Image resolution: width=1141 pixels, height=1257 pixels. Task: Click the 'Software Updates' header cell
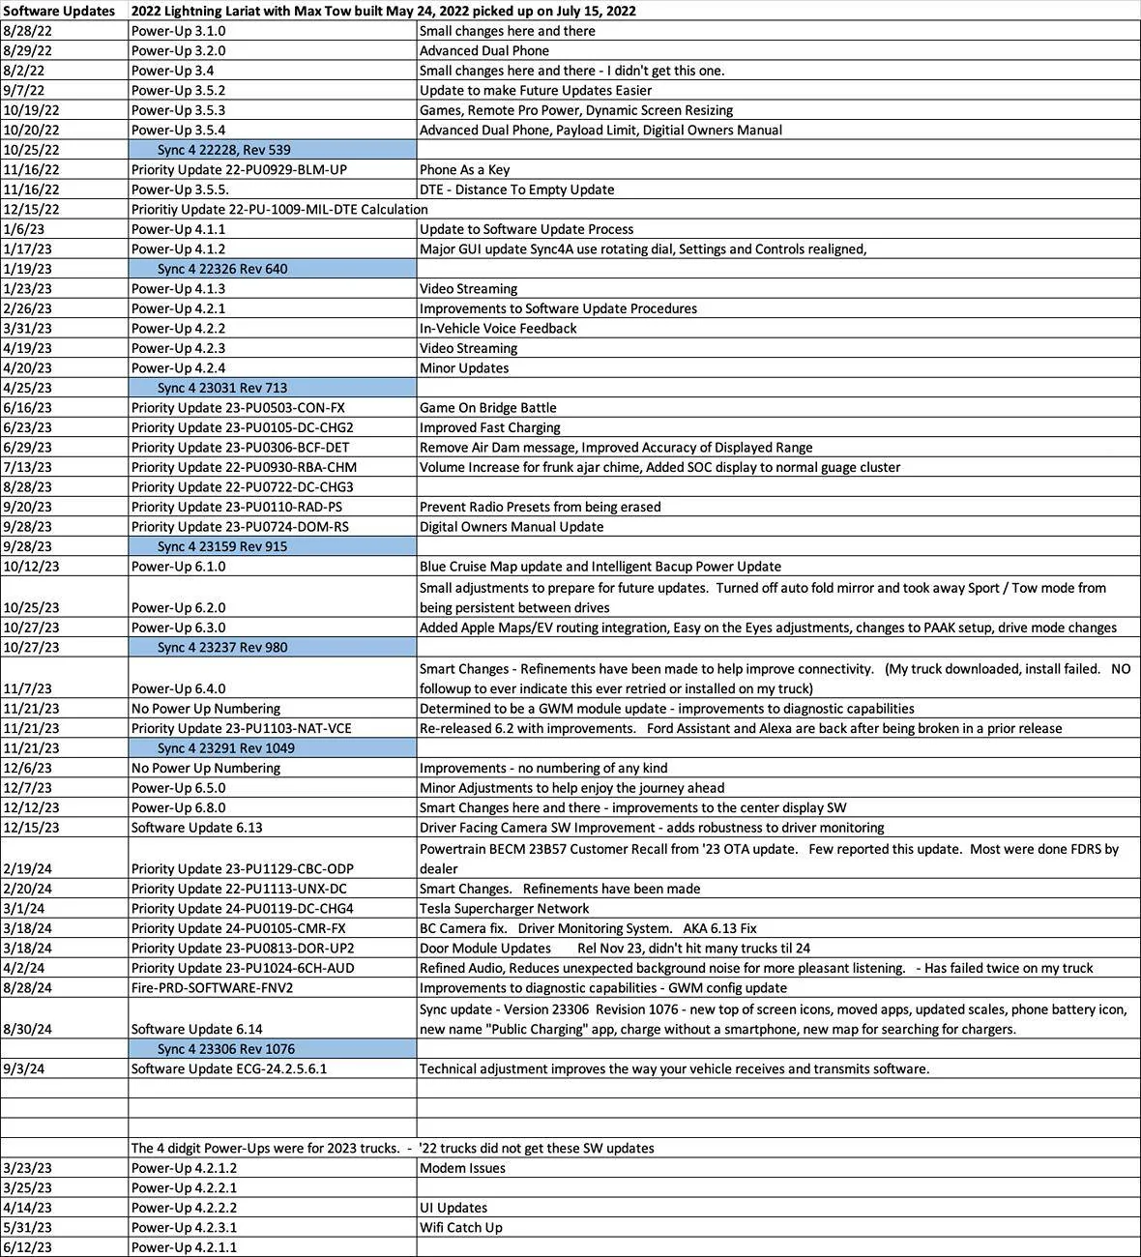pos(60,11)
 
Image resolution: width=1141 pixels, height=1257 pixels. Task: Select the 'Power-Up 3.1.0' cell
pos(179,31)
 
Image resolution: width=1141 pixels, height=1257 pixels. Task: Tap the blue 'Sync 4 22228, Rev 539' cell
pos(223,150)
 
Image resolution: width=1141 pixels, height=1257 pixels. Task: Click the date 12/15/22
pos(31,209)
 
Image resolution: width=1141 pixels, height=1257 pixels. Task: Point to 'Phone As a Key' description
pos(464,169)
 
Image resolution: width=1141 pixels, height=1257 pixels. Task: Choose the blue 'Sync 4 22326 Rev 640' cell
pos(222,269)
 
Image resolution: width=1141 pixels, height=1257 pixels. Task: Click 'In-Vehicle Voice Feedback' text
pos(498,328)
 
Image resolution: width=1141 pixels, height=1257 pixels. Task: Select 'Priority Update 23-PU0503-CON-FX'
pos(238,407)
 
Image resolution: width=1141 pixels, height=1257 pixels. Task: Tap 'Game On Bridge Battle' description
pos(487,407)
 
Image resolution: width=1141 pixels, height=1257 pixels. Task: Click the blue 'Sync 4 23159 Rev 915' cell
pos(222,546)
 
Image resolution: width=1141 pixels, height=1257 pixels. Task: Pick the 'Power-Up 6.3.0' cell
pos(179,628)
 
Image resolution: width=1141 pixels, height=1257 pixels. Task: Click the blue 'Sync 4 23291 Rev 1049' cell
pos(226,748)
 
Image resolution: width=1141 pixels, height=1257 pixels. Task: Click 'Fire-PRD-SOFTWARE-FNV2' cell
pos(212,987)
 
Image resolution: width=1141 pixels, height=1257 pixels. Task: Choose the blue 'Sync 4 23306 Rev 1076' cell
pos(226,1049)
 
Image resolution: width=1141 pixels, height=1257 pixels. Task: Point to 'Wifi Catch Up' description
pos(460,1227)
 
